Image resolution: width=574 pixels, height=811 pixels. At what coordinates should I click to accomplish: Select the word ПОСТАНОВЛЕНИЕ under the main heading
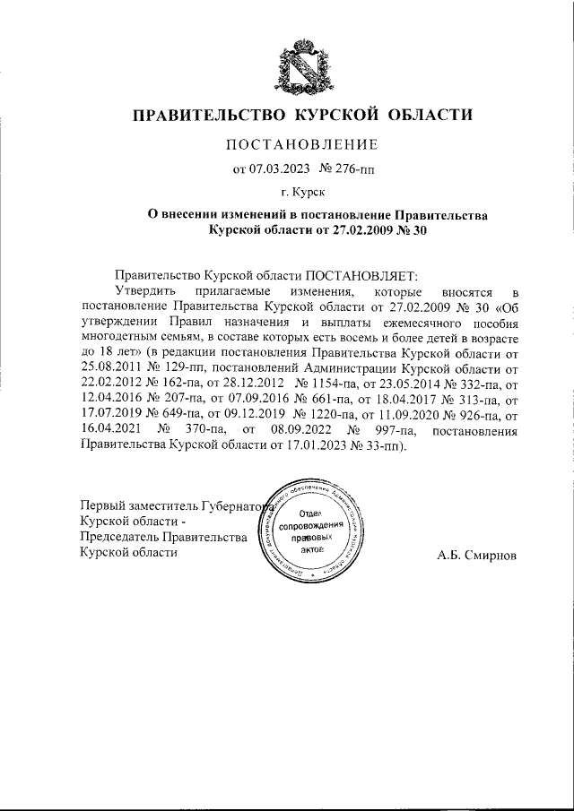click(300, 144)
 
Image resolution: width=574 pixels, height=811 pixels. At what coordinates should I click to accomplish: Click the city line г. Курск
click(300, 191)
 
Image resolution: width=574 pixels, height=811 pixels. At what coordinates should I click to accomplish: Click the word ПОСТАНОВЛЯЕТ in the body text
click(357, 277)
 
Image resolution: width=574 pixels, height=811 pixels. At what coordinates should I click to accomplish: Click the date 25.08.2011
click(109, 367)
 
